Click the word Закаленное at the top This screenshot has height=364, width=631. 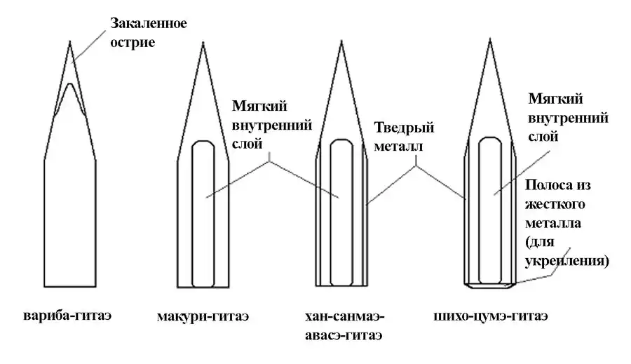148,24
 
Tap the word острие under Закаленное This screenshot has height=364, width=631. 132,43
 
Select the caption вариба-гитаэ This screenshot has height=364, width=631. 69,315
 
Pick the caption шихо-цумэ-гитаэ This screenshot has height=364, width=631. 491,316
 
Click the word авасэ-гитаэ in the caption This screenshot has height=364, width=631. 343,335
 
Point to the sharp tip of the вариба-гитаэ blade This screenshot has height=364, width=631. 69,41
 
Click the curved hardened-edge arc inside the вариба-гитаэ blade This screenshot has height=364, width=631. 69,87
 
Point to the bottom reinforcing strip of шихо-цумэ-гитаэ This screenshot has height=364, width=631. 490,286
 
